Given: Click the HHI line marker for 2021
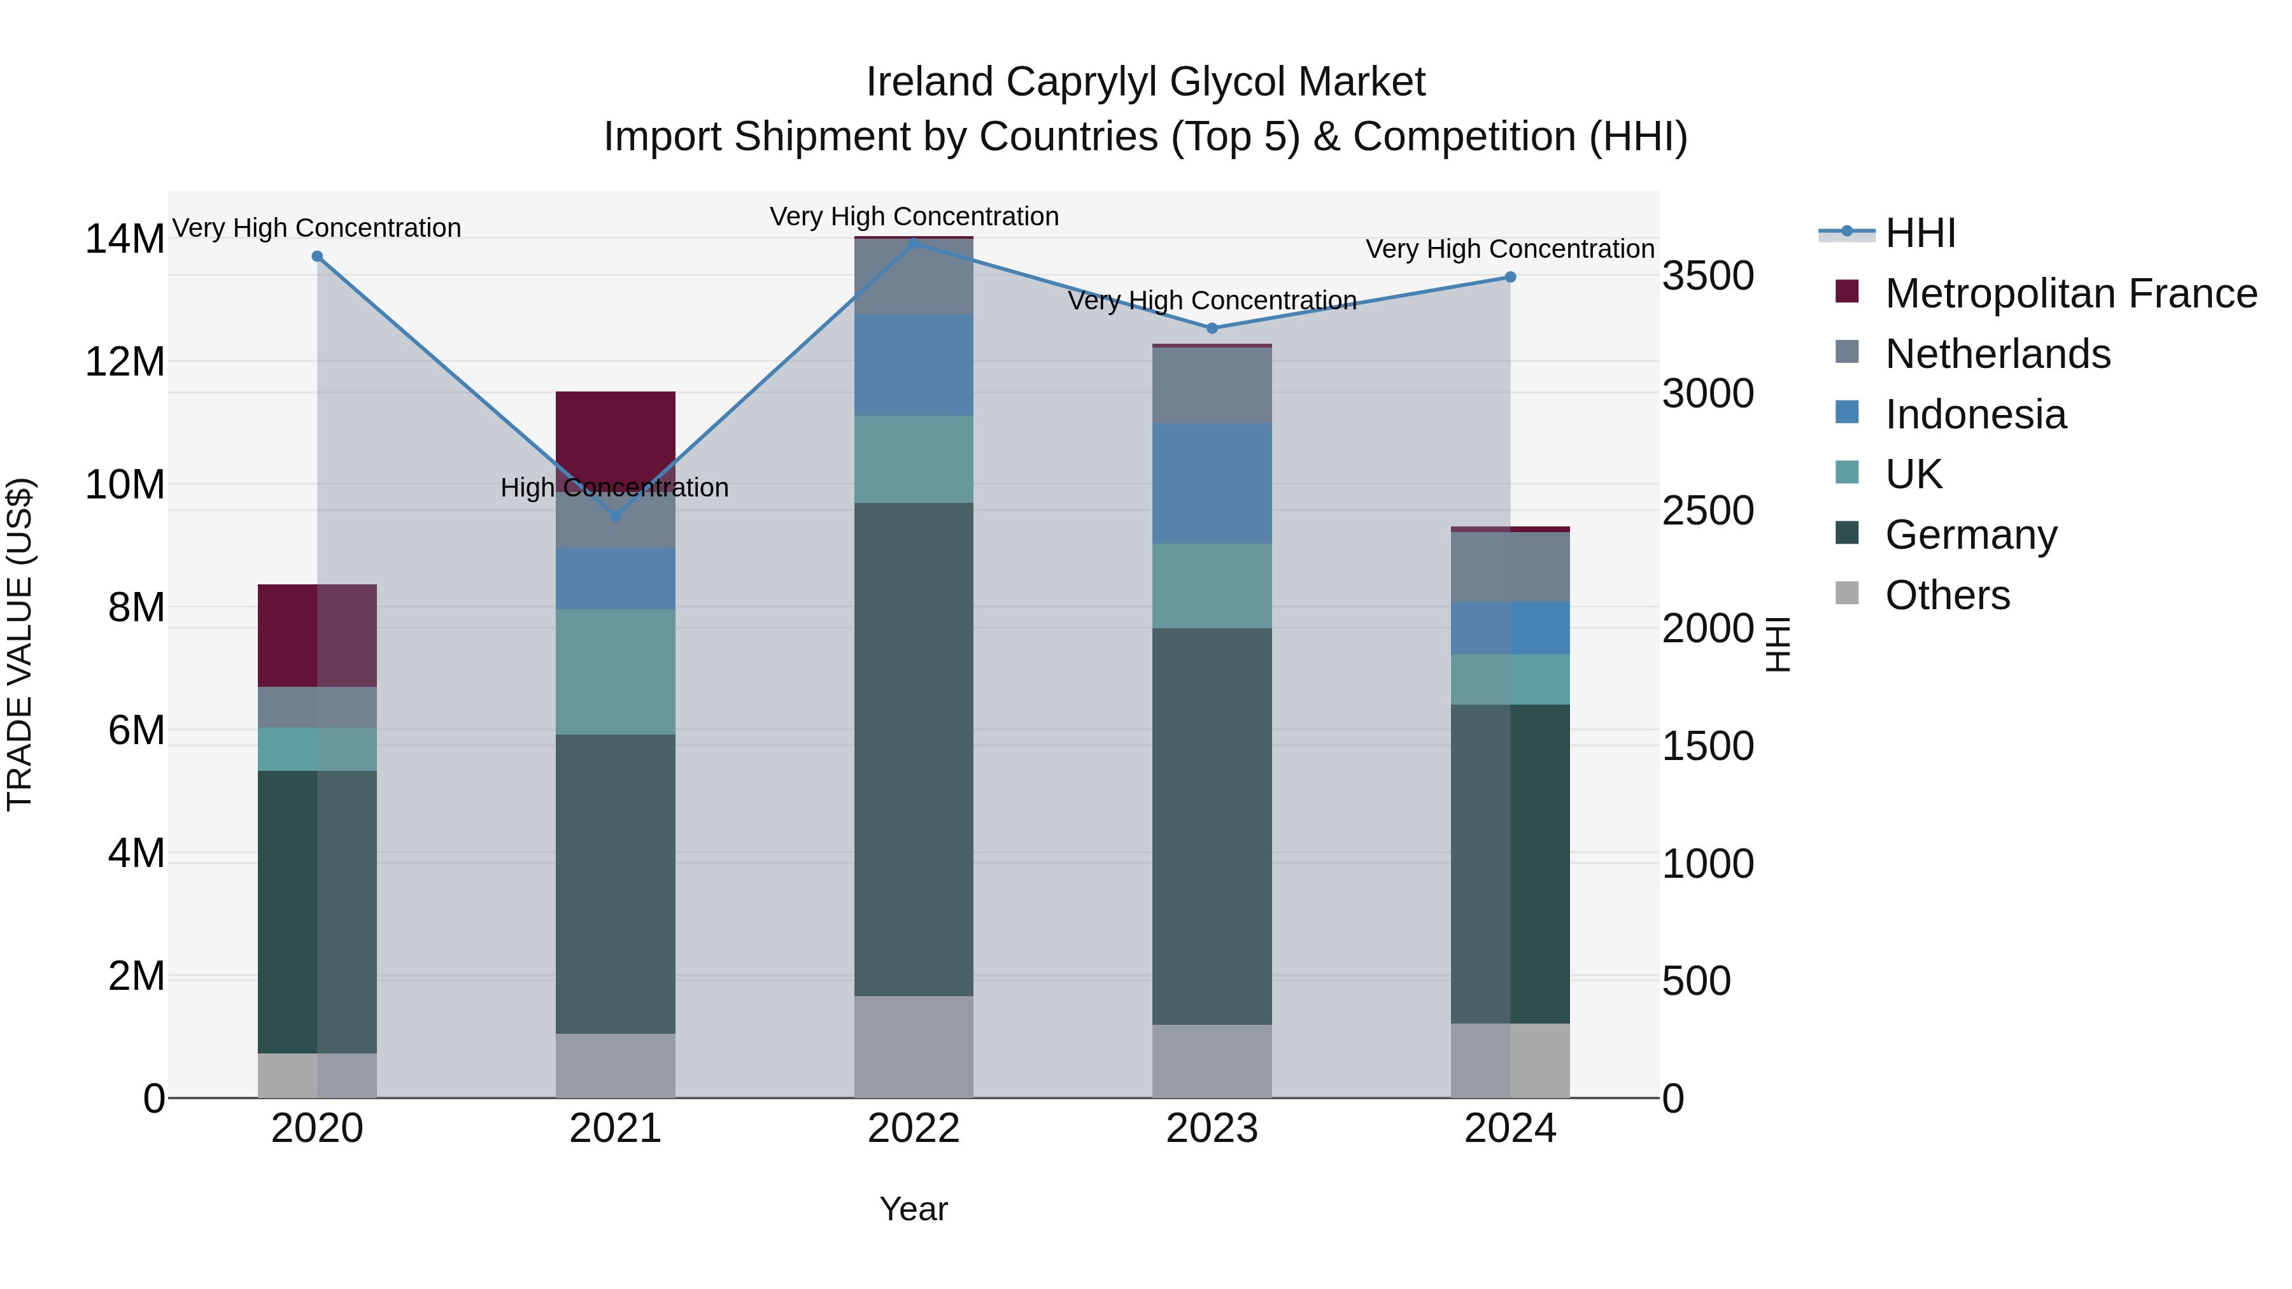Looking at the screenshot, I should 615,515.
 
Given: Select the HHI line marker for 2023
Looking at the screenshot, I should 1211,328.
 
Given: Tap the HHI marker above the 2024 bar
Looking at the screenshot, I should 1510,278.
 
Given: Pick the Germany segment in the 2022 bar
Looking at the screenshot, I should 913,749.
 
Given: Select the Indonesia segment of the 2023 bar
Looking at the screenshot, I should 1211,483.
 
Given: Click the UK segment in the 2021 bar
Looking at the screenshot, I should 615,671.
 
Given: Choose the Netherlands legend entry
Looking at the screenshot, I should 1997,354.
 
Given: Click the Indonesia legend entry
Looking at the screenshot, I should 1974,414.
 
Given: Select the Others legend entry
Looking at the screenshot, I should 1947,595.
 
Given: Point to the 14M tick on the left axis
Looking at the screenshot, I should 125,239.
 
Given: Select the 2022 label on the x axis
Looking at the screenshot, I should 913,1129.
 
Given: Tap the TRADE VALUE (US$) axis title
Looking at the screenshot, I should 20,644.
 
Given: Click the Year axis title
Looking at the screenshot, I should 913,1209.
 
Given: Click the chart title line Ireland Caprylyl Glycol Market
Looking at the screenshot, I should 1145,82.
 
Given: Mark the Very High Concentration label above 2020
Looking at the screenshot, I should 317,228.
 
